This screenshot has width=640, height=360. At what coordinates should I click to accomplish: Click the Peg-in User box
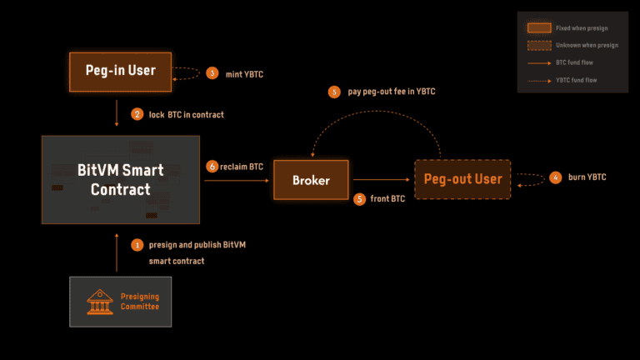pos(119,70)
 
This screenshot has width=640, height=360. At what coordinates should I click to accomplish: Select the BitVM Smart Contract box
pos(120,179)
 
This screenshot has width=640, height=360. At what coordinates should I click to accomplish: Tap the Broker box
pos(310,179)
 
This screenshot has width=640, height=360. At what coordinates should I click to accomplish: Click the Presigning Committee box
pos(120,302)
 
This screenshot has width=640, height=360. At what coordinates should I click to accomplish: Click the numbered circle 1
pos(137,245)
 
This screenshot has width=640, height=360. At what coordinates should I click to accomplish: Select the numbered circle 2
pos(137,113)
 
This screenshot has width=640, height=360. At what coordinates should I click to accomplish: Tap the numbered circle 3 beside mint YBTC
pos(212,73)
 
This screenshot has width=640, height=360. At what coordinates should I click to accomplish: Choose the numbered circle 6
pos(212,167)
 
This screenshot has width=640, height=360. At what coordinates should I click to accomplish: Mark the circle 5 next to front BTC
pos(360,198)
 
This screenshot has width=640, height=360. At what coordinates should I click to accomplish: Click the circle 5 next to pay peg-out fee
pos(335,92)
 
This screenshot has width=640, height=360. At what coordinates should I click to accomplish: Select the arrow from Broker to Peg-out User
pos(382,179)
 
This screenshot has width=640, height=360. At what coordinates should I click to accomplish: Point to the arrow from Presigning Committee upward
pos(117,252)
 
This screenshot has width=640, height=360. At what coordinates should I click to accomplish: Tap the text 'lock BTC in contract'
pos(187,113)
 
